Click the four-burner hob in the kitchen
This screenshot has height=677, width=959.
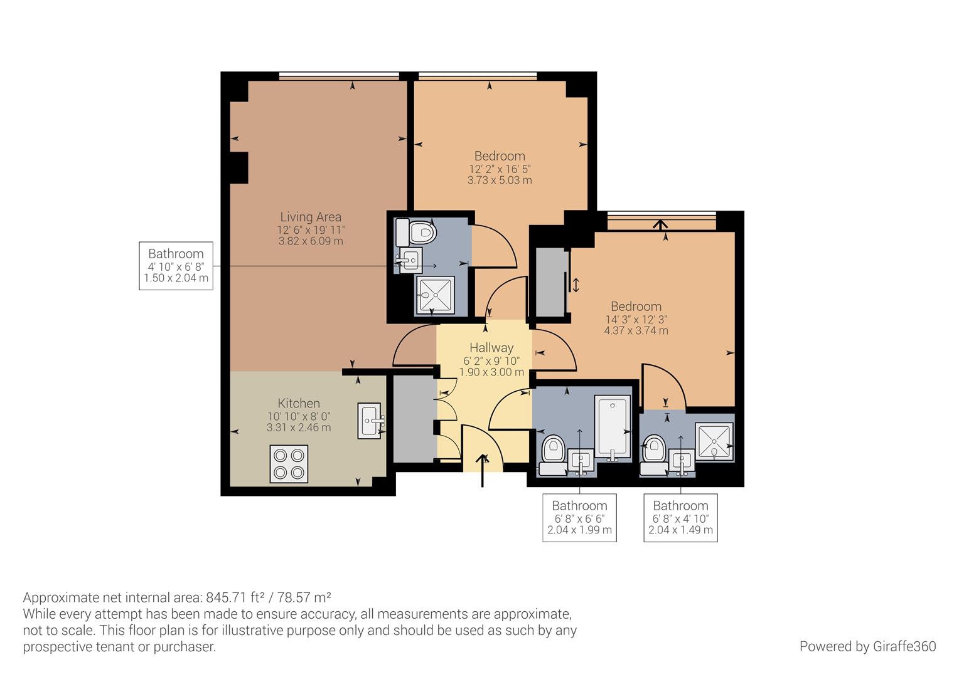pos(289,464)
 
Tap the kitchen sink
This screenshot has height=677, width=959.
pos(370,421)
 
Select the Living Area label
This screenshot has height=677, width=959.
pos(311,217)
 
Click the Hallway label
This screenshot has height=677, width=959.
pos(491,348)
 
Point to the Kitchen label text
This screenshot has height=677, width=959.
pos(299,403)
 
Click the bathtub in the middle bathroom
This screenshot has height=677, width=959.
pos(613,428)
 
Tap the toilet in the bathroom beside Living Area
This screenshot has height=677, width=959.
pos(415,232)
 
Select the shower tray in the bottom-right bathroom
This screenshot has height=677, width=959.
pos(714,442)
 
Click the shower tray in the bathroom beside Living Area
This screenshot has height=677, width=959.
pos(436,295)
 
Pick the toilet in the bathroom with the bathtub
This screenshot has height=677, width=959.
pos(553,455)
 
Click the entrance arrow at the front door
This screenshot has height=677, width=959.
pos(483,470)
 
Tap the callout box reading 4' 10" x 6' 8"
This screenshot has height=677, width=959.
pos(176,266)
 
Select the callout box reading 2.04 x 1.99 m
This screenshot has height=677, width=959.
pos(580,518)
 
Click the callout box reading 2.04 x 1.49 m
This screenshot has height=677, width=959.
pos(681,518)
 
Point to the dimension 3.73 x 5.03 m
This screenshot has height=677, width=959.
pos(500,181)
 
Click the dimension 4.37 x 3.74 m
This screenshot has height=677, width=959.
pos(636,330)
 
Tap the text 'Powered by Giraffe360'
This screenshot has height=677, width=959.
pos(868,646)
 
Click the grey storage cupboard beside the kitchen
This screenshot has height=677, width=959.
pos(414,419)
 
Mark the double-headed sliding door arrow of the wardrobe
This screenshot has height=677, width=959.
pos(576,285)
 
